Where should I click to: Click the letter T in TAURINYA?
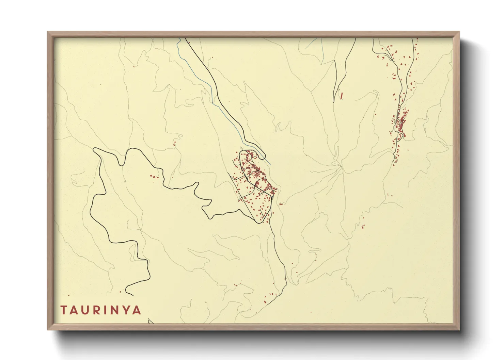point(64,310)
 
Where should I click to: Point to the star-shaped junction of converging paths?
point(339,165)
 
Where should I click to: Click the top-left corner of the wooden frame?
point(48,32)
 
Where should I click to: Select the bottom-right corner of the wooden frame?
point(459,330)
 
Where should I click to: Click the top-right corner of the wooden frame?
point(459,32)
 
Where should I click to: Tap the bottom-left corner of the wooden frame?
point(48,330)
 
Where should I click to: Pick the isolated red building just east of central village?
point(281,204)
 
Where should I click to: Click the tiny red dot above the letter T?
point(68,295)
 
